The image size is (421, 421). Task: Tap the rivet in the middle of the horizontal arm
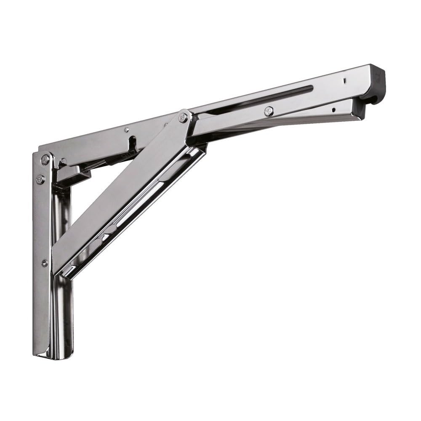point(269,111)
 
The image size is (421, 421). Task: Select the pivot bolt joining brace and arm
point(183,117)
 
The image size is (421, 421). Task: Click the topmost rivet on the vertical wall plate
point(45,160)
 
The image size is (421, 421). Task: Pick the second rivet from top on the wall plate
point(40,179)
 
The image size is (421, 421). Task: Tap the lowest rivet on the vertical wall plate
point(44,263)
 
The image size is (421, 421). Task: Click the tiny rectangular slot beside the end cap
point(344,79)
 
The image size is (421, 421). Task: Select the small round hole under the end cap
point(333,110)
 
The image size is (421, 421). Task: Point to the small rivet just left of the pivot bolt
point(165,125)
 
